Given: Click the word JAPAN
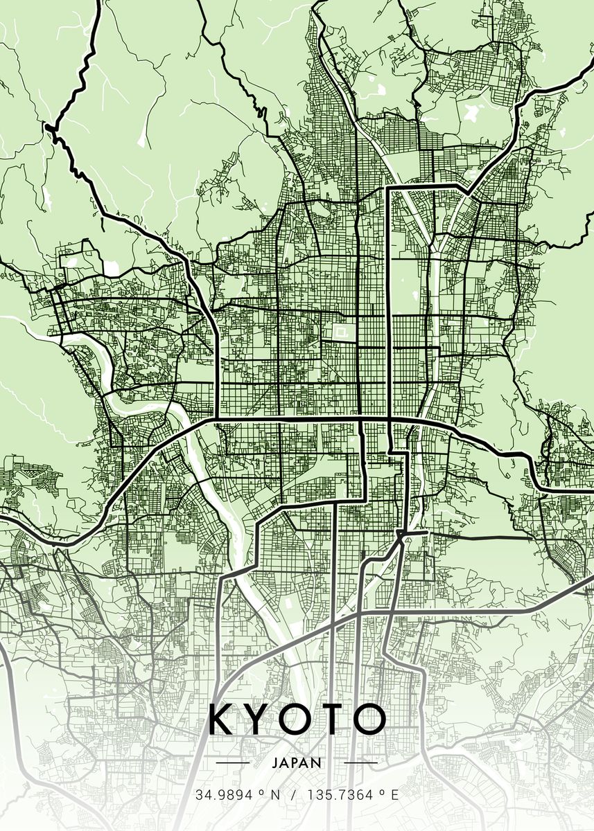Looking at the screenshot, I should click(297, 762).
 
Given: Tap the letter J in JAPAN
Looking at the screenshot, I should click(276, 762).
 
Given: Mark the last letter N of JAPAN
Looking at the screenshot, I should click(317, 762).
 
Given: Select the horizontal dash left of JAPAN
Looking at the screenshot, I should click(233, 762).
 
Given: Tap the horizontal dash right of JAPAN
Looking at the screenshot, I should click(360, 762).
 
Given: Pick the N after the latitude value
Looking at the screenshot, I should click(276, 795).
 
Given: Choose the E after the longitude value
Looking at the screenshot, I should click(395, 795).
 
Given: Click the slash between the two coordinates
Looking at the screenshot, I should click(294, 795).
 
